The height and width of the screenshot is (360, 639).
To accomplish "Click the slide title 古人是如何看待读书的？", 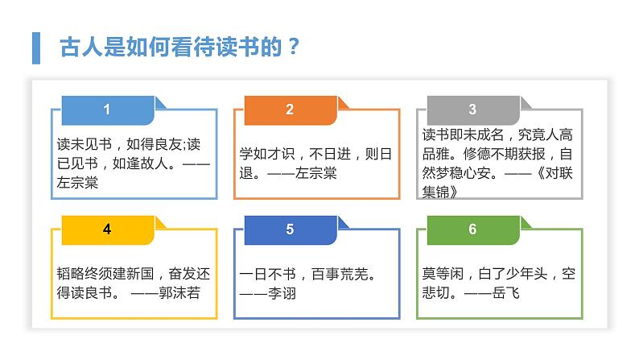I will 180,46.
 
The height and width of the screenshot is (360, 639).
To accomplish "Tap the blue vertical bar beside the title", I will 35,47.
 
